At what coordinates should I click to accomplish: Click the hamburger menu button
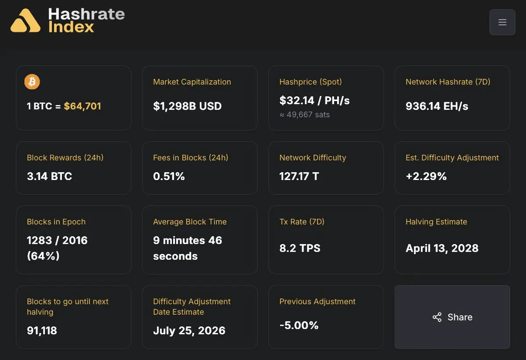pyautogui.click(x=502, y=22)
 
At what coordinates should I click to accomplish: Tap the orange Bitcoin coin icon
pyautogui.click(x=32, y=81)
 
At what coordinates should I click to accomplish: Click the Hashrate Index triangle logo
pyautogui.click(x=25, y=21)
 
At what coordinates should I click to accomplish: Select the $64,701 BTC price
pyautogui.click(x=82, y=106)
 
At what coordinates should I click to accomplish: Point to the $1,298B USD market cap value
pyautogui.click(x=188, y=106)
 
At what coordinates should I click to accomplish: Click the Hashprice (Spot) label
pyautogui.click(x=310, y=81)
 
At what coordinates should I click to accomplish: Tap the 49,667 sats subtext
pyautogui.click(x=305, y=114)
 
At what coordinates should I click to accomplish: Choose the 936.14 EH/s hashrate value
pyautogui.click(x=437, y=106)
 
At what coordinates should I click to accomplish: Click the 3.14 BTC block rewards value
pyautogui.click(x=49, y=176)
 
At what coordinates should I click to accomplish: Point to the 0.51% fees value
pyautogui.click(x=169, y=176)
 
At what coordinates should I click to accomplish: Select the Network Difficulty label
pyautogui.click(x=313, y=158)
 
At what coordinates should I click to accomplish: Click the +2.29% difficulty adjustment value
pyautogui.click(x=426, y=176)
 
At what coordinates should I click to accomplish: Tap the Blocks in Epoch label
pyautogui.click(x=56, y=222)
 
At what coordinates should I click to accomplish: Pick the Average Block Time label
pyautogui.click(x=190, y=222)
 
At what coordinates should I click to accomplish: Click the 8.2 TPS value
pyautogui.click(x=300, y=248)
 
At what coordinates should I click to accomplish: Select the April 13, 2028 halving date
pyautogui.click(x=442, y=248)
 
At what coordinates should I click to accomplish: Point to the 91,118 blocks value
pyautogui.click(x=42, y=331)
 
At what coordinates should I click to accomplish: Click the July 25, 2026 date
pyautogui.click(x=189, y=331)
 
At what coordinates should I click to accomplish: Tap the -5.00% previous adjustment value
pyautogui.click(x=299, y=325)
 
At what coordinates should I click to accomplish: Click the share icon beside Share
pyautogui.click(x=437, y=317)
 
